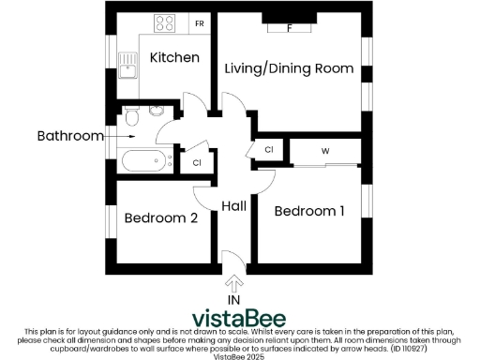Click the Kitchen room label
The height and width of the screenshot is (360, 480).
(x=175, y=57)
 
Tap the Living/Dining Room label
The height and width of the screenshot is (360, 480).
(x=288, y=68)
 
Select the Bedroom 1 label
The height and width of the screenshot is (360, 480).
(x=308, y=211)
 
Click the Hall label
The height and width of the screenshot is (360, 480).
(x=234, y=206)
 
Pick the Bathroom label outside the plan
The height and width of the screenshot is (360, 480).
(x=69, y=136)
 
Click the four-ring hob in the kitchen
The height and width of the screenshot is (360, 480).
(x=167, y=22)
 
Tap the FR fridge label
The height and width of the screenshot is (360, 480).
(x=199, y=22)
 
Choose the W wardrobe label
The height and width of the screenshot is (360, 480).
(x=325, y=150)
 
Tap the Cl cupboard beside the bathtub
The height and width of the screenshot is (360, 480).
(x=197, y=163)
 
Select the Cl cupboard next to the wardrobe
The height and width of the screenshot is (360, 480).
(x=268, y=150)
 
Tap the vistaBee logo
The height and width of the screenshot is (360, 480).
(x=240, y=316)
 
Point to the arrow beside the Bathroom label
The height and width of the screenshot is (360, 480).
(x=115, y=136)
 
